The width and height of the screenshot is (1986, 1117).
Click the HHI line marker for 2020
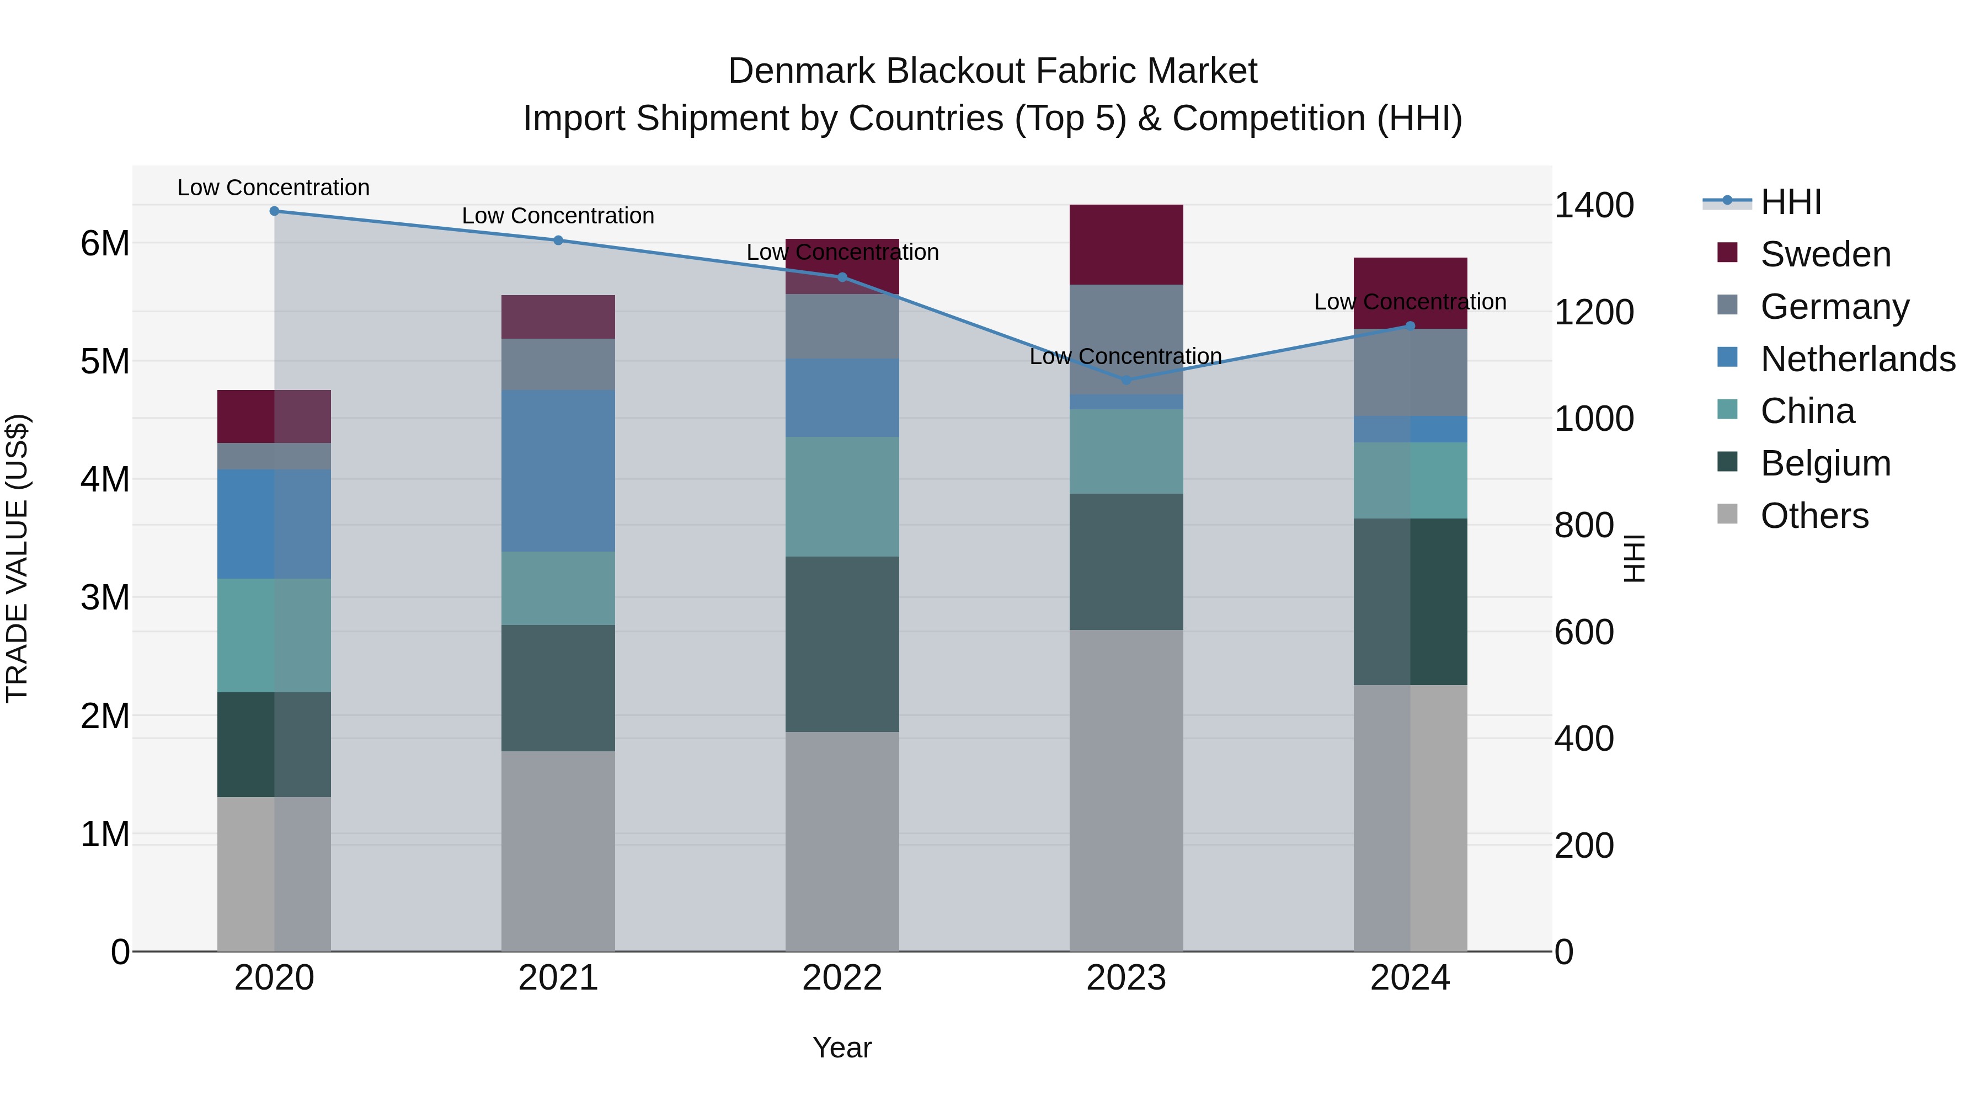click(275, 211)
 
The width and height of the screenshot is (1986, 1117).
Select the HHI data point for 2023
click(1127, 380)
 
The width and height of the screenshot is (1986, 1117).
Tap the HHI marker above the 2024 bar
click(1410, 326)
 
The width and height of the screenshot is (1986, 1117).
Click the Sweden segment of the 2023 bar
click(1127, 244)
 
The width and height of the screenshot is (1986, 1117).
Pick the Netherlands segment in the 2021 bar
click(558, 471)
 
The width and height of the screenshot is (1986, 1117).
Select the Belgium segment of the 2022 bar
click(842, 644)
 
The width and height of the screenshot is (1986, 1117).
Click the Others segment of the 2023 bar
click(1127, 790)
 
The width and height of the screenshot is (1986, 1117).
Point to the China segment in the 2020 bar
click(275, 635)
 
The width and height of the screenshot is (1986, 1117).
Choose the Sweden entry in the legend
click(1825, 254)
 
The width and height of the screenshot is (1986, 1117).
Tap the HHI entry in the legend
click(1790, 202)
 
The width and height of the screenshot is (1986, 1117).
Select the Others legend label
click(1814, 516)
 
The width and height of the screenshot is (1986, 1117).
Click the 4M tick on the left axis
click(105, 479)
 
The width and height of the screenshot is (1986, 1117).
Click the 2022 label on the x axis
click(842, 978)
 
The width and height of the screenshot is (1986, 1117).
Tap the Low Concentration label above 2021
click(558, 216)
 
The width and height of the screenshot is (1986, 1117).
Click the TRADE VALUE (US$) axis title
click(17, 558)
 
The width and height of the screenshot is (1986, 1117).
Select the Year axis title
click(842, 1047)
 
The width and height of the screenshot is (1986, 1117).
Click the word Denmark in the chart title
click(801, 72)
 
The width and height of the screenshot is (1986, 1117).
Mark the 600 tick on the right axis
click(1583, 632)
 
